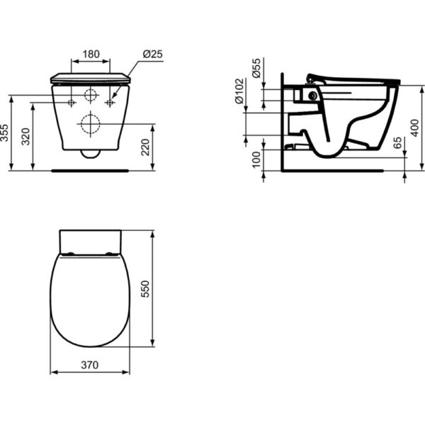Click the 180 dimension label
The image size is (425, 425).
click(x=91, y=55)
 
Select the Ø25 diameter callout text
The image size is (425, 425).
click(x=152, y=55)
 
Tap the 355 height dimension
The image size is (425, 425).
click(x=5, y=133)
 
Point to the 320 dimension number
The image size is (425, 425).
click(x=26, y=137)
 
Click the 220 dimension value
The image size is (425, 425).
click(x=145, y=147)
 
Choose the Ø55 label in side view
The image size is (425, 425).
click(x=256, y=68)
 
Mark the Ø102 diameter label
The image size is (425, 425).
click(x=239, y=91)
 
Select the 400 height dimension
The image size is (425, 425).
click(x=414, y=128)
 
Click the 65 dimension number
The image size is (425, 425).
click(x=397, y=143)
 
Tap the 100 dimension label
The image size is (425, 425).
click(x=256, y=159)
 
